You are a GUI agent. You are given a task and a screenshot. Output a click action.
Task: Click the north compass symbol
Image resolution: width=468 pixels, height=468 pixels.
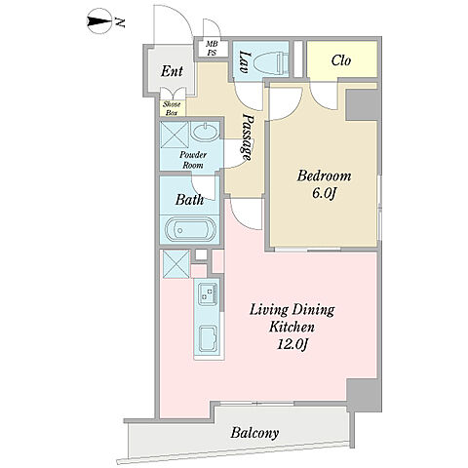tap(100, 21)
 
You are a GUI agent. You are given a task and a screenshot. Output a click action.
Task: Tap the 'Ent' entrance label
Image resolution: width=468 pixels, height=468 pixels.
tap(172, 71)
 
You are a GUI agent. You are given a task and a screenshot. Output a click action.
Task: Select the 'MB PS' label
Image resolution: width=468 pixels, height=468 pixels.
tap(212, 49)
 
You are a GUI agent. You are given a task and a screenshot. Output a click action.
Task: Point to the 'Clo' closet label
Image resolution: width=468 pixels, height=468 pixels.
tap(341, 60)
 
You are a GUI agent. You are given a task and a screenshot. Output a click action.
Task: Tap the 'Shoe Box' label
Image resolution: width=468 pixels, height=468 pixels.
tap(172, 109)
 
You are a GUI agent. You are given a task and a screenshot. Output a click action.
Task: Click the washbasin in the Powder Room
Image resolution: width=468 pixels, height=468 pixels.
tap(205, 133)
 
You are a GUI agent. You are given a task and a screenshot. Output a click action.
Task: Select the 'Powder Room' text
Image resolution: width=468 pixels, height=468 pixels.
tap(193, 160)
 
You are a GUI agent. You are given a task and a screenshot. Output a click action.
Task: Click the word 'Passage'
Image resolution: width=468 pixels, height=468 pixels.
tap(248, 137)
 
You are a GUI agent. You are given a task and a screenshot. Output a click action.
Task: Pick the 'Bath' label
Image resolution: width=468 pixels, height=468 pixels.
tap(189, 199)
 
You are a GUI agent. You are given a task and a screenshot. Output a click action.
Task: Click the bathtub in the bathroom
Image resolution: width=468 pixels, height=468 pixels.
tap(190, 230)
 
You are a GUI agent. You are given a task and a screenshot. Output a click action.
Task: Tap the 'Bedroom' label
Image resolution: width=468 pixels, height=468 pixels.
tap(324, 175)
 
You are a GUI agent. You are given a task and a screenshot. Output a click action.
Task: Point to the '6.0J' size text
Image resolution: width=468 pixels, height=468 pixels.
tap(323, 194)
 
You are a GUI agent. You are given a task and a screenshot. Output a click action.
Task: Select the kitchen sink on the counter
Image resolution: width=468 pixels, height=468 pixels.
tap(209, 338)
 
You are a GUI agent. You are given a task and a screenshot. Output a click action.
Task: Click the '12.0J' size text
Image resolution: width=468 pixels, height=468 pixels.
tap(292, 344)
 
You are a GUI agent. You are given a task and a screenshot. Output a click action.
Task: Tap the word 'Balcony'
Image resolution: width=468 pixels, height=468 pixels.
tap(254, 433)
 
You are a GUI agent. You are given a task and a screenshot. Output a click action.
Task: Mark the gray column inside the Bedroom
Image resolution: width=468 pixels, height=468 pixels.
tap(362, 105)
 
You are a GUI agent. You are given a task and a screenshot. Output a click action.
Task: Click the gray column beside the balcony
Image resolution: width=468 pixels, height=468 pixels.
tap(364, 395)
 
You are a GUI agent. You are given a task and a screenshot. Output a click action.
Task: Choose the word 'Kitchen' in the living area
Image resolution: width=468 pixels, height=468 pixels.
tap(292, 327)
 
